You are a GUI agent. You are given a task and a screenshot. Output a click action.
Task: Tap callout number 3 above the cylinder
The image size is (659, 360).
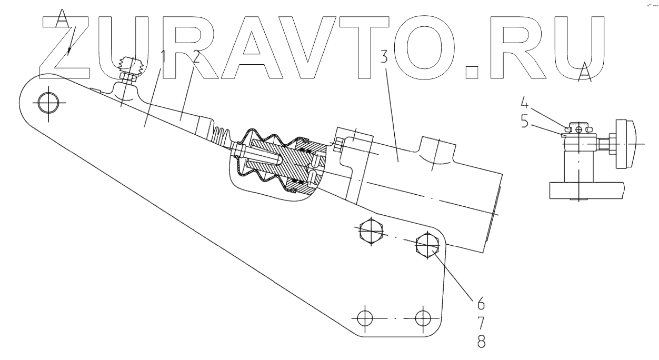385,57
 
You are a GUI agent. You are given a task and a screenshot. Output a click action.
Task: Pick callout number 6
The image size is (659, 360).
482,305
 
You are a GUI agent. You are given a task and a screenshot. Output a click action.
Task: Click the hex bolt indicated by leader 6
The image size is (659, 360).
427,245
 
